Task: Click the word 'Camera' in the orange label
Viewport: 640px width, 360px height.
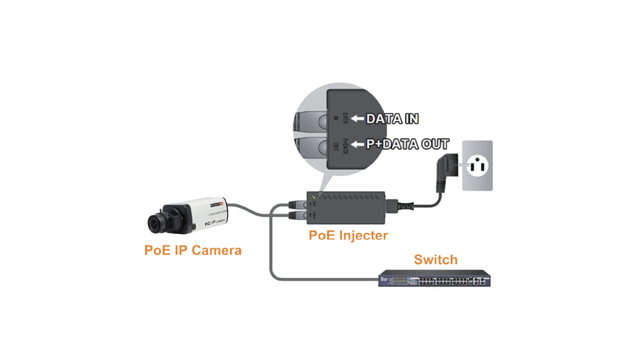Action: [216, 250]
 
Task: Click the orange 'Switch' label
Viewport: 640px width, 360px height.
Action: [435, 260]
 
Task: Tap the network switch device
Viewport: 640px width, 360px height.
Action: [434, 278]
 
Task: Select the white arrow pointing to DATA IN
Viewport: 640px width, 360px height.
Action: [357, 119]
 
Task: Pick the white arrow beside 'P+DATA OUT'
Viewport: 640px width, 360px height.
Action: [357, 144]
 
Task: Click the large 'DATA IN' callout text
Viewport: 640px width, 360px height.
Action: [392, 119]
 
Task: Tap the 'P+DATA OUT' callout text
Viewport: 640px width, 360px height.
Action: [406, 144]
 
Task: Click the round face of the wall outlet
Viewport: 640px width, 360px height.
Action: [476, 165]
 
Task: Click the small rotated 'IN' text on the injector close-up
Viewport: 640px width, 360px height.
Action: [335, 120]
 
